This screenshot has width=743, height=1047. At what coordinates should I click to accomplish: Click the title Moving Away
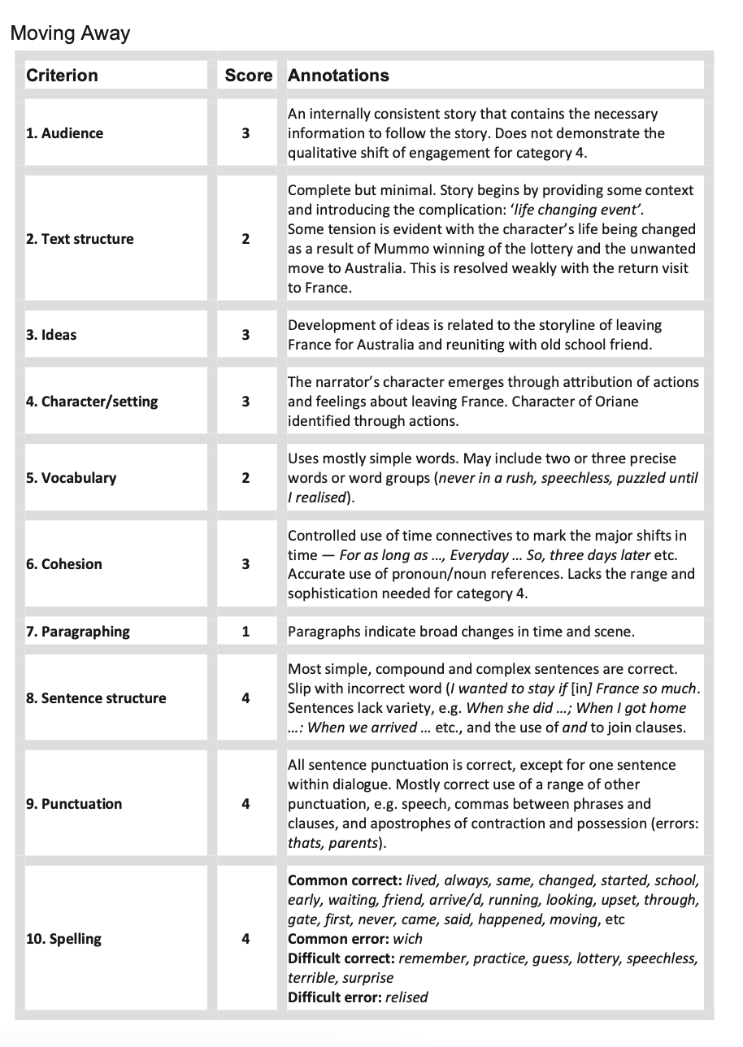70,33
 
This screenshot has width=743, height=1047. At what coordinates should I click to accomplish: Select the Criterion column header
62,76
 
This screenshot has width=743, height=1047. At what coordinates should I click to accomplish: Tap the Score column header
248,76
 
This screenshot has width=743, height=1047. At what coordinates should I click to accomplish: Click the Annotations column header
338,76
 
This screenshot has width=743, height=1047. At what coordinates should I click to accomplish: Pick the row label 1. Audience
64,133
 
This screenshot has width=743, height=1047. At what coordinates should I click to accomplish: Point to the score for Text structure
245,239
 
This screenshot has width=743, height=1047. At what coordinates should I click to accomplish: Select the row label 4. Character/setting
92,402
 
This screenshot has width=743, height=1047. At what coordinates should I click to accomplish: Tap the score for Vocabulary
245,478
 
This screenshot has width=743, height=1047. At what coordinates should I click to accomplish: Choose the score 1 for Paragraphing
245,632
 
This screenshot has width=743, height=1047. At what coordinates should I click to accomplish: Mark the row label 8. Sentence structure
96,698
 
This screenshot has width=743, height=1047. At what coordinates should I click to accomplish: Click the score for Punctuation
245,804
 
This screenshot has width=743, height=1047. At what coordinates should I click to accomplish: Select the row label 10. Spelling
63,939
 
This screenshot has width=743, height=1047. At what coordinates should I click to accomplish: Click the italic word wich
407,939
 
